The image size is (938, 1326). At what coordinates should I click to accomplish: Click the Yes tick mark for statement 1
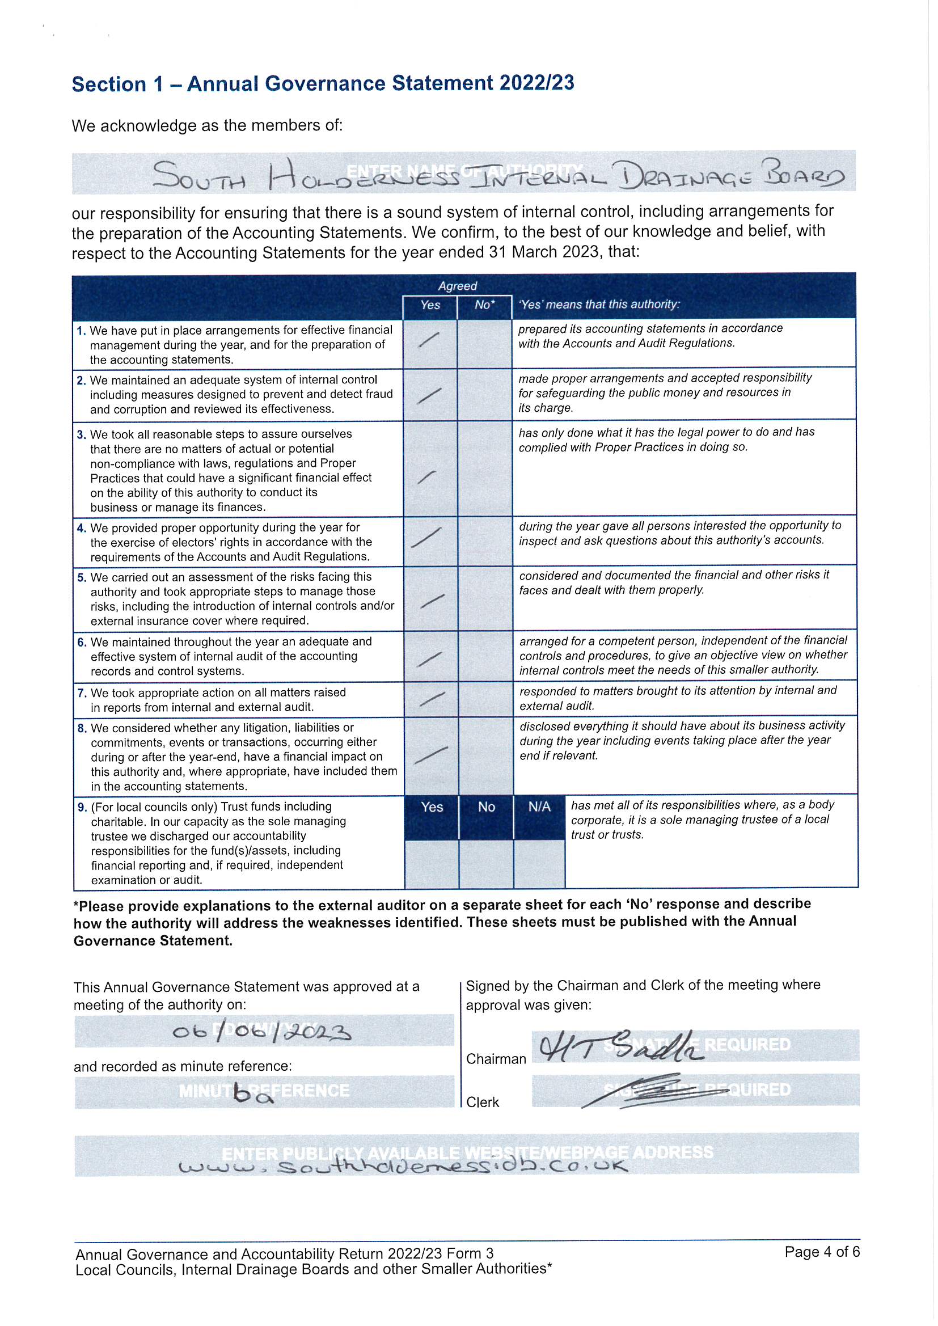pos(428,340)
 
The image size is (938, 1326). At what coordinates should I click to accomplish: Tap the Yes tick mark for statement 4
pos(426,538)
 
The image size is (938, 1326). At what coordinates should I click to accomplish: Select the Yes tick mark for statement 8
pos(431,754)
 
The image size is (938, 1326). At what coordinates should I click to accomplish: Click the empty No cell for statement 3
pos(484,468)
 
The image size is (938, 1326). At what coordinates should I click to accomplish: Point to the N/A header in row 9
pos(539,807)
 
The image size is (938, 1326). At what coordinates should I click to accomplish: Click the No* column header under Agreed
pos(484,305)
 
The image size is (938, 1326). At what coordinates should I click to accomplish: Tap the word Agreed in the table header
pos(458,286)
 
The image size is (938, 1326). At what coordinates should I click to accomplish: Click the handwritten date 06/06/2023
pos(261,1032)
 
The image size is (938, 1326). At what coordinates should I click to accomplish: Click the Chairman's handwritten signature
pos(620,1046)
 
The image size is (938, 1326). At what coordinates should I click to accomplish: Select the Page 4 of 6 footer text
pos(821,1252)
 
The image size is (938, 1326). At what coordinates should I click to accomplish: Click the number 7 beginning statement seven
pos(81,692)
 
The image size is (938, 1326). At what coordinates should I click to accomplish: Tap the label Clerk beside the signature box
pos(482,1102)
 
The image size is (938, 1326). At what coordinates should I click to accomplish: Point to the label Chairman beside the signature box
pos(496,1059)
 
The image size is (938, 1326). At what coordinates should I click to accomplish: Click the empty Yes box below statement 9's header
pos(432,863)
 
